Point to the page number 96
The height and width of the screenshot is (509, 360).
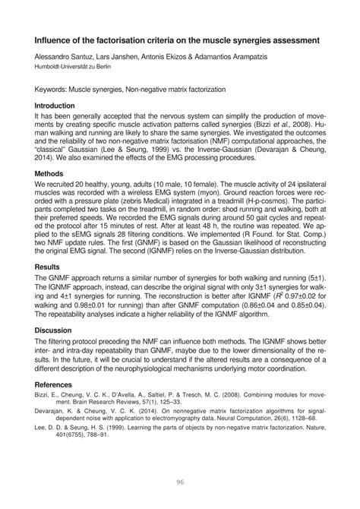tap(181, 479)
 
